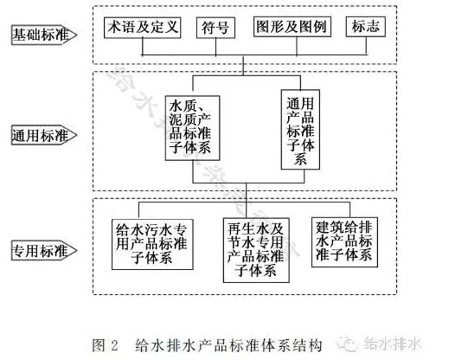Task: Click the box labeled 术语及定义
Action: pyautogui.click(x=143, y=28)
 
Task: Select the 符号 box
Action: pyautogui.click(x=215, y=28)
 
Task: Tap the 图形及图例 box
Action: pyautogui.click(x=292, y=27)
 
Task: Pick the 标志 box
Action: pyautogui.click(x=366, y=27)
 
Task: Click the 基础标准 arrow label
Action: pyautogui.click(x=44, y=35)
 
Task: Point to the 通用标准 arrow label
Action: pyautogui.click(x=44, y=135)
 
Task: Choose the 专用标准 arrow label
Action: pyautogui.click(x=44, y=250)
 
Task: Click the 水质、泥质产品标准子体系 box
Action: pyautogui.click(x=192, y=128)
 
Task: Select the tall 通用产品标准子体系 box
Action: pyautogui.click(x=300, y=130)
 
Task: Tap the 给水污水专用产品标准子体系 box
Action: pyautogui.click(x=152, y=244)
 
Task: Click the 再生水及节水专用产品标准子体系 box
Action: pyautogui.click(x=256, y=250)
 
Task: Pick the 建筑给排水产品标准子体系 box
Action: pyautogui.click(x=344, y=242)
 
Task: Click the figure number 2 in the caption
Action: pyautogui.click(x=114, y=345)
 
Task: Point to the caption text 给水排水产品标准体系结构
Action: pyautogui.click(x=228, y=345)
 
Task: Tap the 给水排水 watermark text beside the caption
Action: pyautogui.click(x=392, y=344)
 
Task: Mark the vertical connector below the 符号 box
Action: pyautogui.click(x=216, y=46)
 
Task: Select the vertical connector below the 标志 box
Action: pyautogui.click(x=367, y=45)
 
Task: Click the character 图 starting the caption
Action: pyautogui.click(x=98, y=345)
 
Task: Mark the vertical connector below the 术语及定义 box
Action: pyautogui.click(x=143, y=46)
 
